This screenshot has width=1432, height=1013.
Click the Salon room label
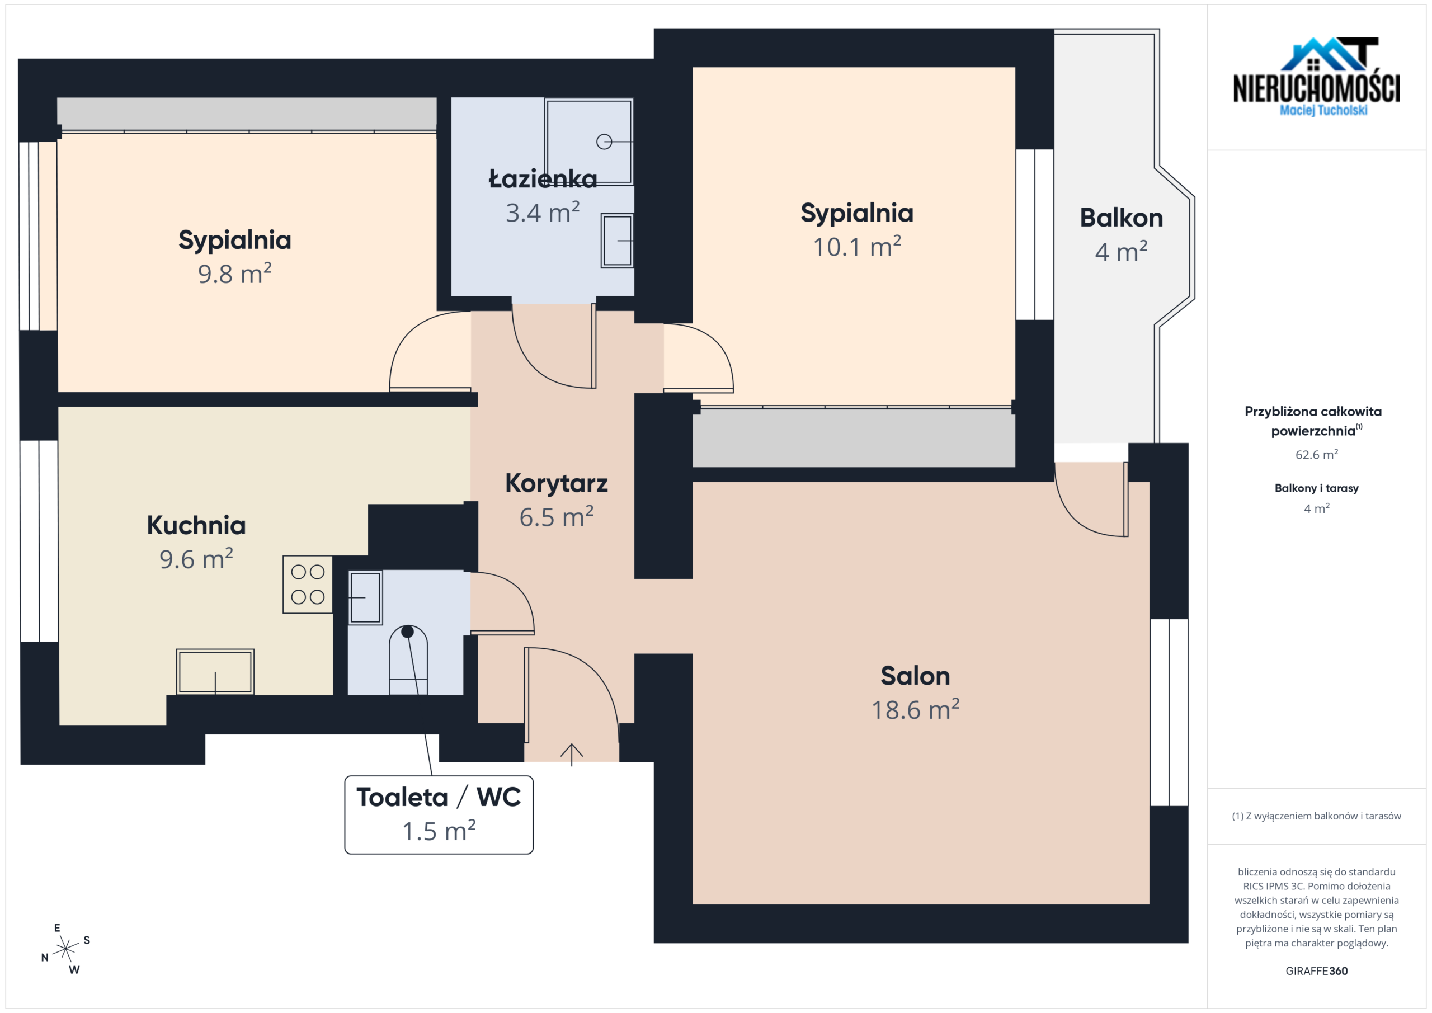tap(915, 676)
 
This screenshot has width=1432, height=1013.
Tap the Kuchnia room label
tap(196, 525)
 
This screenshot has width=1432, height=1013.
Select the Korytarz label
tap(557, 483)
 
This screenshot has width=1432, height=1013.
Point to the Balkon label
tap(1122, 218)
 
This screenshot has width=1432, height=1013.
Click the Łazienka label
tap(543, 178)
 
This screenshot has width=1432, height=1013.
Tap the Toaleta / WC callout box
tap(439, 814)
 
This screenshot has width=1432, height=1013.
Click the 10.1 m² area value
tap(856, 246)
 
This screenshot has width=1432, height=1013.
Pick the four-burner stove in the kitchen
tap(308, 585)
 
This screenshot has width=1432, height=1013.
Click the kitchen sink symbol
tap(215, 672)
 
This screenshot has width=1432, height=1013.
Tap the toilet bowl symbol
tap(408, 661)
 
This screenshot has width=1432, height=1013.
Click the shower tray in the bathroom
tap(589, 142)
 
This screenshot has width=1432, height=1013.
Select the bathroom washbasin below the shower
tap(618, 241)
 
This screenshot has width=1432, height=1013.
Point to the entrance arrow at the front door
tap(571, 754)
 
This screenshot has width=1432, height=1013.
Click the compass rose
tap(65, 949)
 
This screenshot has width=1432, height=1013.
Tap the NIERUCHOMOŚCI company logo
tap(1317, 77)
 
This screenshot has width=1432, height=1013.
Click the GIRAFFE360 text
tap(1317, 971)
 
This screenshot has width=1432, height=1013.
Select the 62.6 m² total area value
tap(1317, 454)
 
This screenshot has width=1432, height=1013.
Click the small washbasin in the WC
tap(365, 597)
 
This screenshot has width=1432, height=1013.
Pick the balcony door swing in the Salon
tap(1091, 500)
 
